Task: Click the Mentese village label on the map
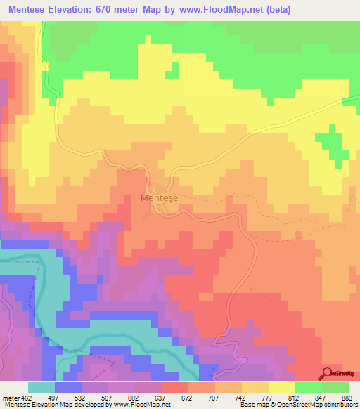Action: [x=159, y=198]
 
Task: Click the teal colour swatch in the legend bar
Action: [x=41, y=387]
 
